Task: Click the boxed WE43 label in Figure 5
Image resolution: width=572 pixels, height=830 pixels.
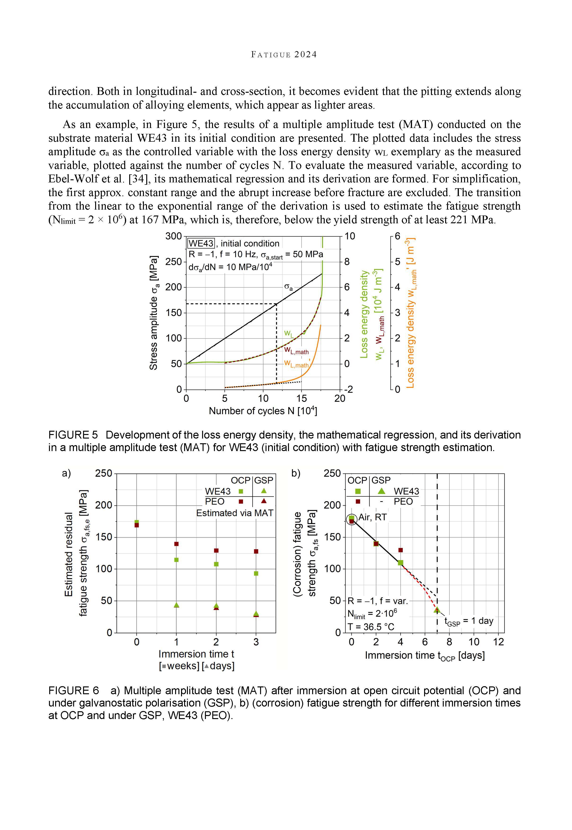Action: [201, 244]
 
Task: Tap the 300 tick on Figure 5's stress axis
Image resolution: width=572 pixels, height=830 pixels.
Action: [173, 237]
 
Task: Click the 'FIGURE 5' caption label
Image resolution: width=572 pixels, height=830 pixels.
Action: [73, 435]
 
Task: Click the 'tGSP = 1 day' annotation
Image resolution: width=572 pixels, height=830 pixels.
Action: [469, 621]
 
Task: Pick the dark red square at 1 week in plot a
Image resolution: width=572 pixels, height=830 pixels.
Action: [176, 544]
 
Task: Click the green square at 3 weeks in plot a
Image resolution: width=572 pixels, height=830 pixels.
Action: [256, 574]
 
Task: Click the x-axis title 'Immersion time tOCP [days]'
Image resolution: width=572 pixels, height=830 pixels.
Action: [425, 655]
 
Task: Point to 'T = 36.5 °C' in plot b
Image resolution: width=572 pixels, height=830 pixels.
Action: [371, 627]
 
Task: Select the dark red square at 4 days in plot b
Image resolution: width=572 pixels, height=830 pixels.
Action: [400, 550]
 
